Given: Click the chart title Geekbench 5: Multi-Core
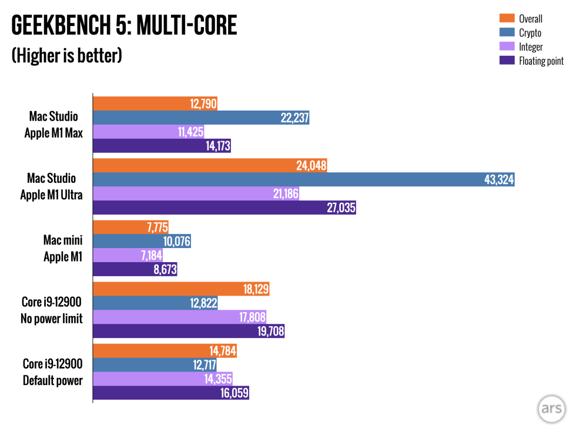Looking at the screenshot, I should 124,26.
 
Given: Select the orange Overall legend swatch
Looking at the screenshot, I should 507,18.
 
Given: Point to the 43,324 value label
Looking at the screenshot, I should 498,180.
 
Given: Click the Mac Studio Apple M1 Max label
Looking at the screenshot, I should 53,125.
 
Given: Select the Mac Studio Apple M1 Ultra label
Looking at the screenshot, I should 52,186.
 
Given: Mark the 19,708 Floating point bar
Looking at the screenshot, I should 189,331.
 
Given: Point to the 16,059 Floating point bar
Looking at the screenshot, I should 171,393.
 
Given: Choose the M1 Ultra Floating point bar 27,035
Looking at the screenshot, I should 225,207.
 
